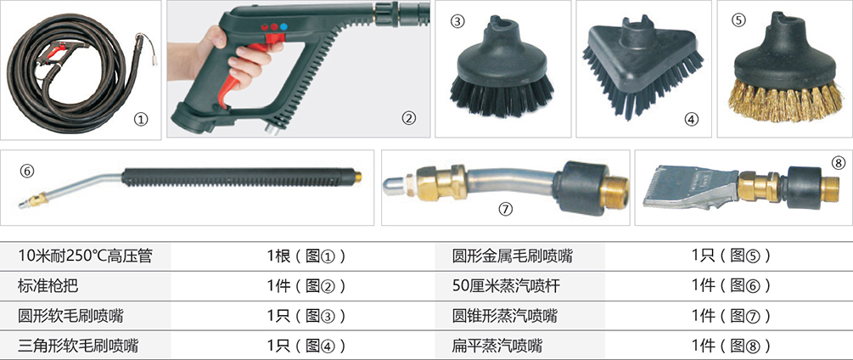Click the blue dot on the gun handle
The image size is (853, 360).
(283, 26)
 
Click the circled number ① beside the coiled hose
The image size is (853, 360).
(141, 119)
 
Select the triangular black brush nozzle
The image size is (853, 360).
(643, 70)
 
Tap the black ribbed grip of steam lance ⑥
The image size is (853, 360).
(239, 177)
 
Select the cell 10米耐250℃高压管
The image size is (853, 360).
(85, 256)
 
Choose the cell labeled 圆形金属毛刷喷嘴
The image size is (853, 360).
(513, 256)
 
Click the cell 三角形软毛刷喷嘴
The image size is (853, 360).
(78, 346)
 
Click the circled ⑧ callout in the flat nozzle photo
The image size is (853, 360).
(839, 163)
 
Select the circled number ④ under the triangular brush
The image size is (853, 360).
(691, 119)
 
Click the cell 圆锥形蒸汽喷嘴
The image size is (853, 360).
(505, 315)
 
